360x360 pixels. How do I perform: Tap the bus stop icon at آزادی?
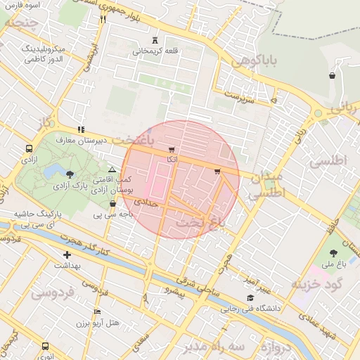[29, 148]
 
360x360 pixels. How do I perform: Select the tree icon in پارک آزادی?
[69, 174]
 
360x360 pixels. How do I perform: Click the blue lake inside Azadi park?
[50, 172]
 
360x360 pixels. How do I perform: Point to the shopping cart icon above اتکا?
[172, 150]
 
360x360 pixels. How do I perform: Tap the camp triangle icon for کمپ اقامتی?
[112, 169]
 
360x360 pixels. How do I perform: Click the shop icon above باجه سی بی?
[112, 203]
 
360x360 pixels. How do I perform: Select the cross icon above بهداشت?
[67, 255]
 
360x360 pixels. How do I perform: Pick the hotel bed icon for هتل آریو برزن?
[97, 311]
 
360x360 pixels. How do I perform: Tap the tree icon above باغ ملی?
[332, 252]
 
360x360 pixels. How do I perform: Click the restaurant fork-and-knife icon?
[103, 19]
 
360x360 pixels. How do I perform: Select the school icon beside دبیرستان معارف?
[82, 129]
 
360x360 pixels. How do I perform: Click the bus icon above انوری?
[46, 347]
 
